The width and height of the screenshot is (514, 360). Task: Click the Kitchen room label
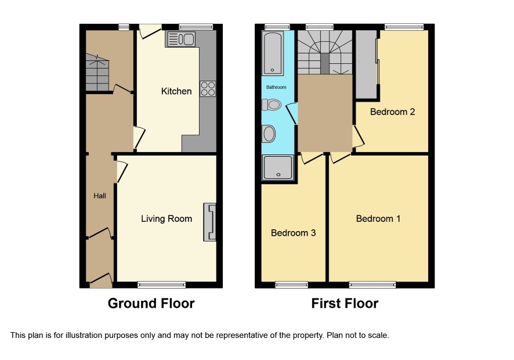pos(176,91)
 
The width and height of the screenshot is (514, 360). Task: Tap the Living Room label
pos(166,219)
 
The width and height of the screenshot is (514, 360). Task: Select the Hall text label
pos(100,196)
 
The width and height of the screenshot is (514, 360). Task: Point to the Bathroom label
pos(276,87)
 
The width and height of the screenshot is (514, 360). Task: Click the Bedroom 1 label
pos(378,218)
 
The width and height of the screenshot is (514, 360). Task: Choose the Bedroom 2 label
pos(392,112)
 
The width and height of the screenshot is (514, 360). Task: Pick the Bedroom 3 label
pos(294,233)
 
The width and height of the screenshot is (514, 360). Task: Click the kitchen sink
pos(180,39)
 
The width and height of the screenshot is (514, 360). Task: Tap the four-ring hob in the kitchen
pos(208,89)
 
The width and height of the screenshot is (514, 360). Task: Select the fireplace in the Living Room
pos(210,222)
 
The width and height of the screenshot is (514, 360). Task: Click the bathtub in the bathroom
pos(273,53)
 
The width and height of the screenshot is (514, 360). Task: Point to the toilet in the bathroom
pos(272,105)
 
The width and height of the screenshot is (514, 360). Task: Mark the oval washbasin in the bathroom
pos(269,134)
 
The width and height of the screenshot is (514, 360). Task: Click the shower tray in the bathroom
pos(278,168)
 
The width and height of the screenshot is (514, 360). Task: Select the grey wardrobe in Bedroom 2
pos(367,64)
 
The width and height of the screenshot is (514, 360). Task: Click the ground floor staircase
pos(97,72)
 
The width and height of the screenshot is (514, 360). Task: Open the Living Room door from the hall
pos(122,172)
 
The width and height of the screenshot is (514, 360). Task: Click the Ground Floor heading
pos(151,304)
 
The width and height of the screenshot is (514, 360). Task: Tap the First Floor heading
pos(345,304)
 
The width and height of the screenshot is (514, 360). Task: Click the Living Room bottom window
pos(162,285)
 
